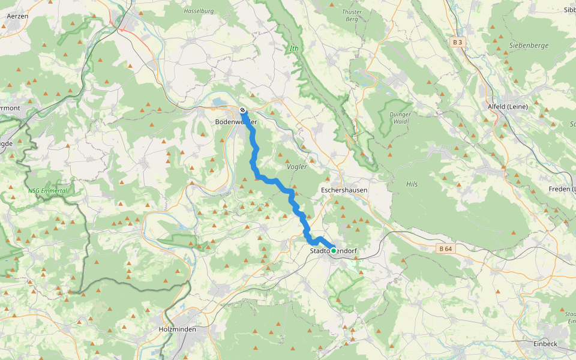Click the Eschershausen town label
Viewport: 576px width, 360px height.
tap(344, 190)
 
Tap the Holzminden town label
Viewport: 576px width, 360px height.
tap(178, 329)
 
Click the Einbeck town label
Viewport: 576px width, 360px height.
tap(545, 344)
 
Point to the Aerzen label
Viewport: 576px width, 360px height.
tap(16, 16)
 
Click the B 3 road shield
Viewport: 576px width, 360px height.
tap(458, 42)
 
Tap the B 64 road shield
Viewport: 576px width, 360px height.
tap(445, 248)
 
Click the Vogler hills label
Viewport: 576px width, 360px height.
tap(297, 167)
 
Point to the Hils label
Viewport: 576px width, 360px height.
tap(412, 184)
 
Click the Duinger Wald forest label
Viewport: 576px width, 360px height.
tap(400, 118)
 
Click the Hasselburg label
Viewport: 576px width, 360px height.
tap(199, 11)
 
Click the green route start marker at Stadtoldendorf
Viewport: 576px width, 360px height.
tap(334, 251)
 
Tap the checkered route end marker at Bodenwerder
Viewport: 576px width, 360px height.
tap(242, 110)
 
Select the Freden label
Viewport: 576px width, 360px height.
tap(561, 189)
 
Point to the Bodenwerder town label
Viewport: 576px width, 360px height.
tap(236, 122)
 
